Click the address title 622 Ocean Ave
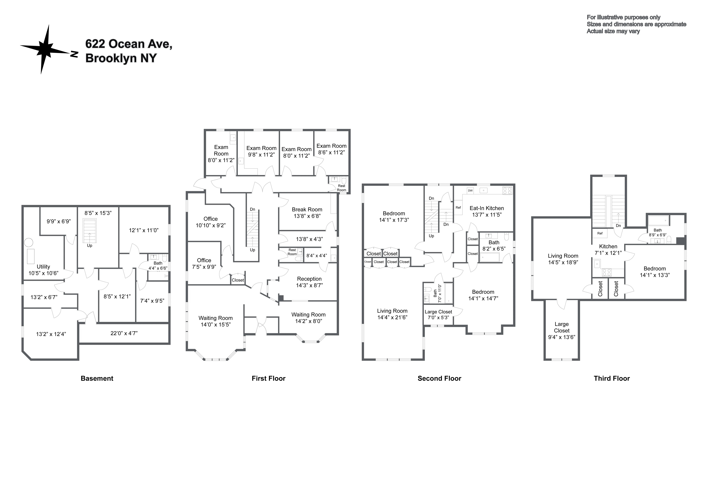[x=129, y=44]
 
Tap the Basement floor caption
[x=97, y=379]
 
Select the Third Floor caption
[x=611, y=379]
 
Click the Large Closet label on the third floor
[x=562, y=327]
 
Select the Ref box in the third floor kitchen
[x=600, y=233]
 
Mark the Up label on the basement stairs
[x=89, y=246]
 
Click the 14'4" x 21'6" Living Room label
[x=392, y=314]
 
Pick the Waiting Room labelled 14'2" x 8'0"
[x=308, y=318]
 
